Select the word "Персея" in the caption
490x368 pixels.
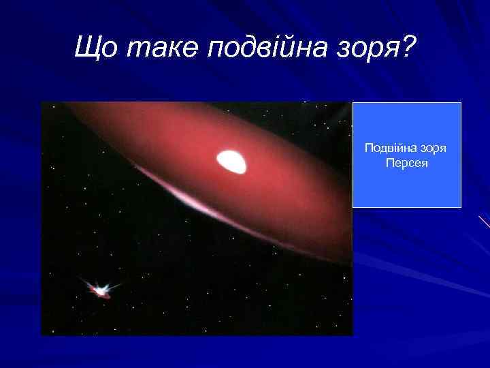[x=406, y=164]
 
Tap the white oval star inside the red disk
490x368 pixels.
[x=231, y=161]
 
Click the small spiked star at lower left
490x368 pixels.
[x=101, y=290]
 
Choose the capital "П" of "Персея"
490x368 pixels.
[x=389, y=164]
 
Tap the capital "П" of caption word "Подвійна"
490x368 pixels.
[x=368, y=149]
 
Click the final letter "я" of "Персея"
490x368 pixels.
[x=425, y=164]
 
